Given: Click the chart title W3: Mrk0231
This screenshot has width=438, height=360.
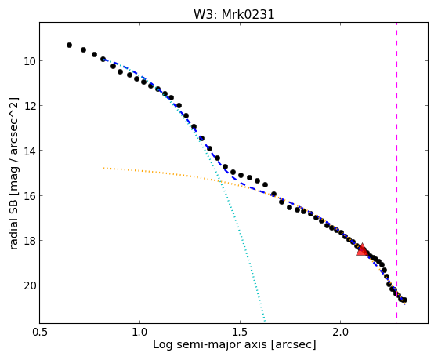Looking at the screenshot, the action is [x=234, y=15].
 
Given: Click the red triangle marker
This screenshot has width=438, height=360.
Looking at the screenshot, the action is [x=362, y=250].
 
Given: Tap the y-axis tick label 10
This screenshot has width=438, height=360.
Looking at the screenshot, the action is [x=30, y=60].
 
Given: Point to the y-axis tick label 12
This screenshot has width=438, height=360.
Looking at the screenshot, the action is [x=30, y=105].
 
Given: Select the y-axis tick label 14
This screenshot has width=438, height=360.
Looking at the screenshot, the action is [x=30, y=151].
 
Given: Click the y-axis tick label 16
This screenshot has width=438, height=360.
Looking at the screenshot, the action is [x=30, y=195].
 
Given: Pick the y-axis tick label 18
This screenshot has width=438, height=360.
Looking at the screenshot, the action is [x=30, y=240].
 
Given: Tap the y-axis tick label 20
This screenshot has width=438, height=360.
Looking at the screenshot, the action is [x=30, y=285].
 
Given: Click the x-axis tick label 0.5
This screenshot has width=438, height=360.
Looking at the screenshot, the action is [x=39, y=332].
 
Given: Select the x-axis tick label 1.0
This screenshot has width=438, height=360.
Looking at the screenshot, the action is [x=139, y=332].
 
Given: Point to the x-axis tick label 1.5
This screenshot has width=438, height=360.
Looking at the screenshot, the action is [x=240, y=332].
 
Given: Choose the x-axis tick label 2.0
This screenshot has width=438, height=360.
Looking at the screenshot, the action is [x=340, y=332].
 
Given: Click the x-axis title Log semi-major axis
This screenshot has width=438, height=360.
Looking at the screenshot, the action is [x=210, y=344].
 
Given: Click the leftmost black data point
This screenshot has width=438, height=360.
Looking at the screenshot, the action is [x=69, y=45].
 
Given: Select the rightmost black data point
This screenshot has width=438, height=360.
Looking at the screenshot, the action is [x=404, y=300].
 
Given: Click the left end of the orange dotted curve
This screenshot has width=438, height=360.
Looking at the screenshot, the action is [x=103, y=168].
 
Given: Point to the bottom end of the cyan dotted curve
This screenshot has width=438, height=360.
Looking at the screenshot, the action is [x=264, y=321].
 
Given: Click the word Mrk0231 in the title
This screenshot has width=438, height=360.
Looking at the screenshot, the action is [x=248, y=15].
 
